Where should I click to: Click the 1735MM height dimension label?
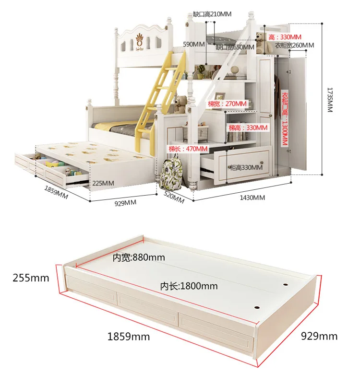pyautogui.click(x=330, y=100)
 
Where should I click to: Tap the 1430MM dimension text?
pyautogui.click(x=252, y=198)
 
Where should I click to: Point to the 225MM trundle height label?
pyautogui.click(x=103, y=183)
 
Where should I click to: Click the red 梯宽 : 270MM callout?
pyautogui.click(x=227, y=104)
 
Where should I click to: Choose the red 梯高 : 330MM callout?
pyautogui.click(x=248, y=128)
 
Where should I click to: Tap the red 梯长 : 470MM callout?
pyautogui.click(x=188, y=149)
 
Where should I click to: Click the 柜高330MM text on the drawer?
pyautogui.click(x=246, y=167)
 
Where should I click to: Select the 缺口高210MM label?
pyautogui.click(x=212, y=14)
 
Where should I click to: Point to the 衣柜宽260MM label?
pyautogui.click(x=295, y=45)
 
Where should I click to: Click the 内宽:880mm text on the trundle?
pyautogui.click(x=139, y=257)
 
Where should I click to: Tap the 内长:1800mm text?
pyautogui.click(x=189, y=286)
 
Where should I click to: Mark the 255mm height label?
pyautogui.click(x=31, y=278)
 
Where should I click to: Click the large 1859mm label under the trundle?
pyautogui.click(x=129, y=337)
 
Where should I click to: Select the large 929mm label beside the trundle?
pyautogui.click(x=319, y=336)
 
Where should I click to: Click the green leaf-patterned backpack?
pyautogui.click(x=171, y=172)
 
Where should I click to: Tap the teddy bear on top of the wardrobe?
pyautogui.click(x=264, y=43)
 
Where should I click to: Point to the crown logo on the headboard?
pyautogui.click(x=140, y=40)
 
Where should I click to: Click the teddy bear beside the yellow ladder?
pyautogui.click(x=180, y=104)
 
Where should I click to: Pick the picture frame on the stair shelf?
pyautogui.click(x=219, y=97)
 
